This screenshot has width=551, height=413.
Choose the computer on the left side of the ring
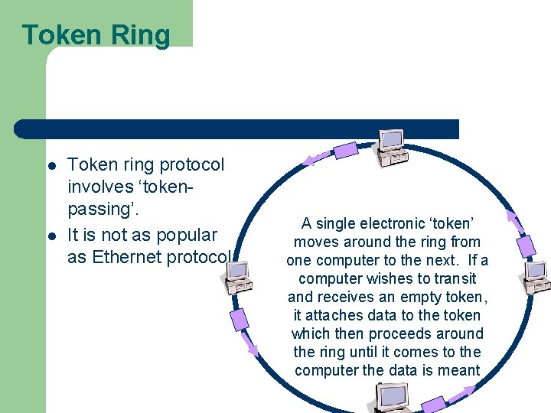coord(239,278)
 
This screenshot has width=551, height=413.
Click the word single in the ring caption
coord(337,223)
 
